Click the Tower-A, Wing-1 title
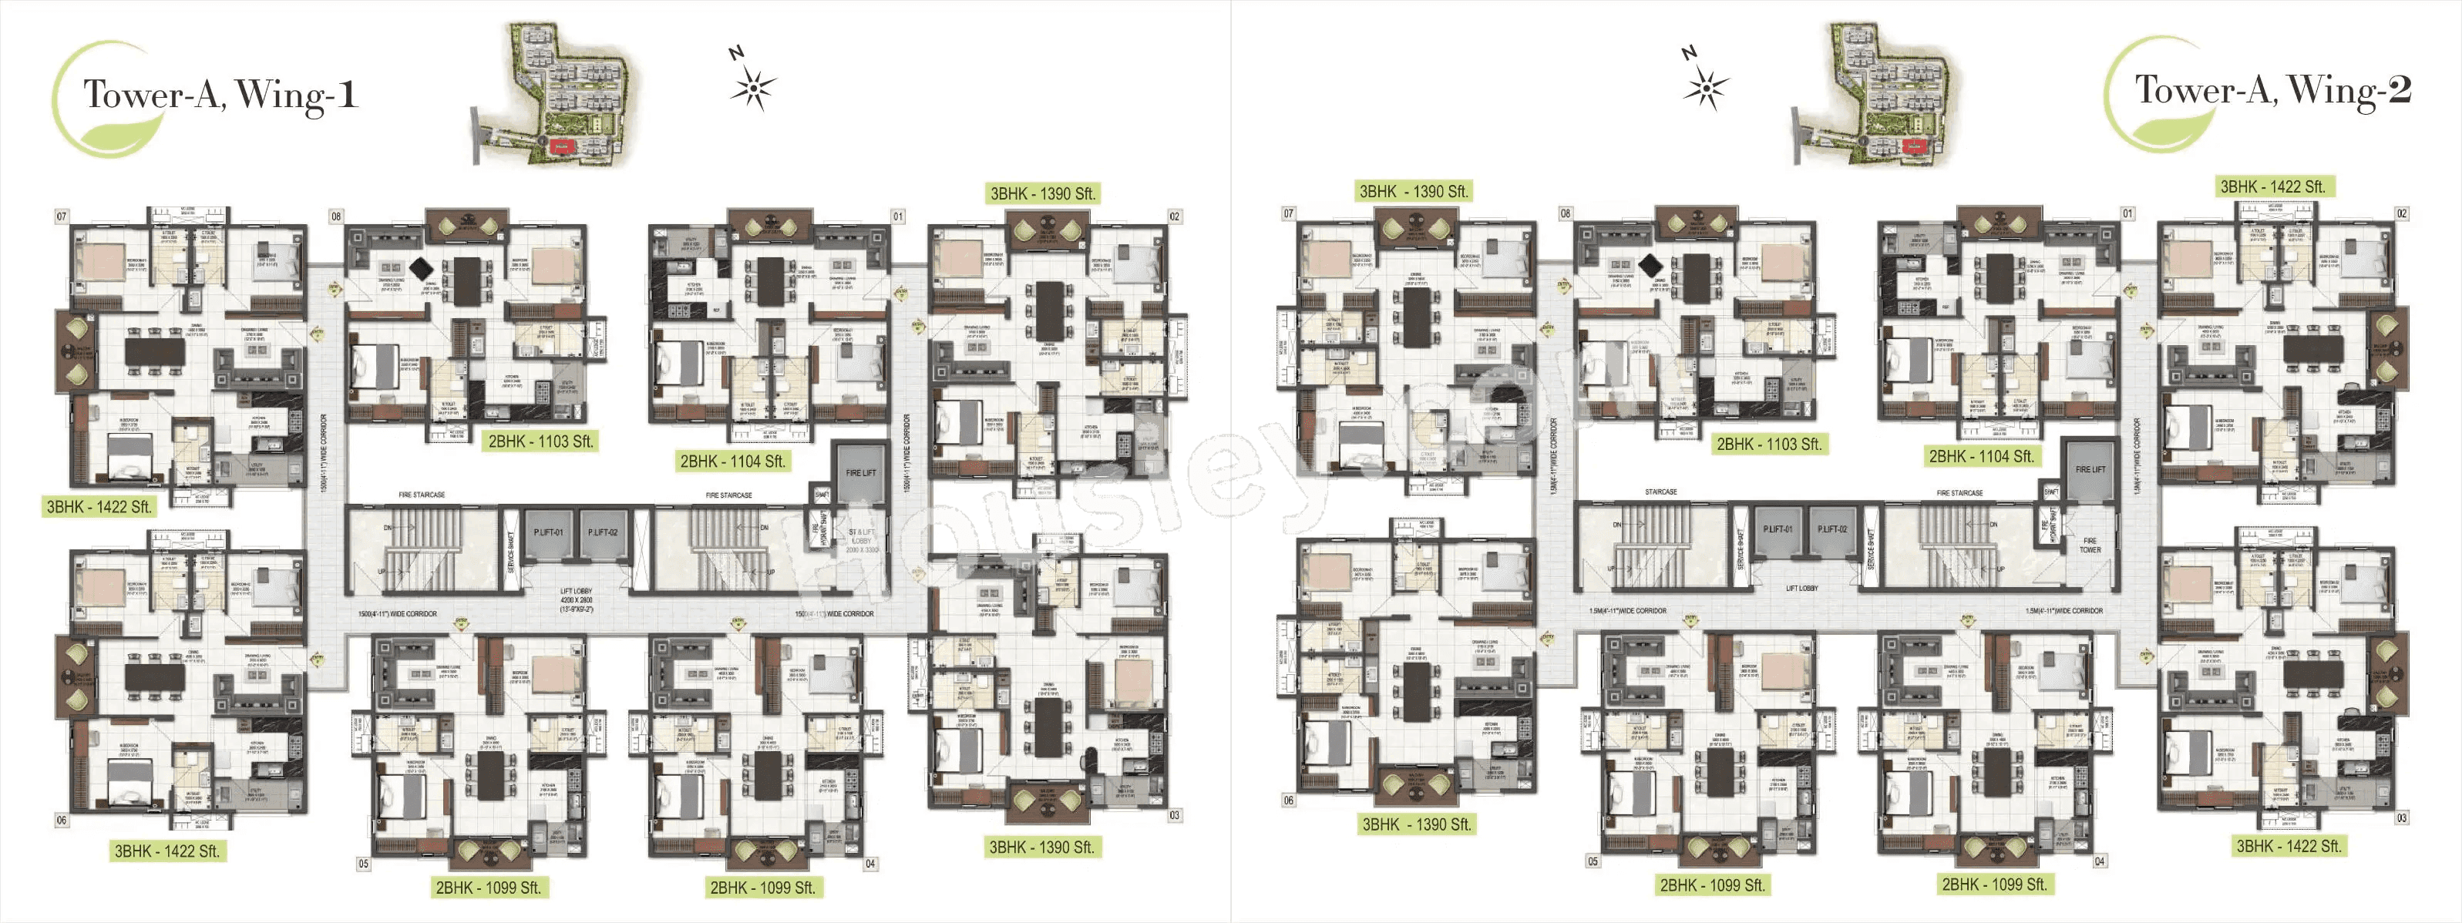(x=220, y=96)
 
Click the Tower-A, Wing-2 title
(x=2272, y=91)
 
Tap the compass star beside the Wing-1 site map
(x=753, y=89)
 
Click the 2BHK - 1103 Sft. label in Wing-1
(x=541, y=441)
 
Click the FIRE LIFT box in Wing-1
(x=860, y=472)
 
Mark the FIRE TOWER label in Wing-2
(x=2090, y=545)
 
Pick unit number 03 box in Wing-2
(x=2401, y=818)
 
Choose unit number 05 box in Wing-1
(x=363, y=864)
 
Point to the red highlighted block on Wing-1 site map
(x=559, y=146)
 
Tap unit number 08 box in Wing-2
(x=1566, y=214)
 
